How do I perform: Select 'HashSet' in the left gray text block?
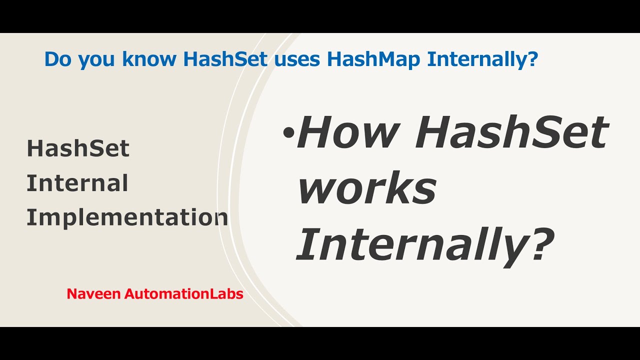pos(78,149)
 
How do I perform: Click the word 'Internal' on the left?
pos(77,183)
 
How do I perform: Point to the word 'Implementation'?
pos(127,217)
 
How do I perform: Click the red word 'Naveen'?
pos(93,294)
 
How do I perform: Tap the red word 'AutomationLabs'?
pos(183,294)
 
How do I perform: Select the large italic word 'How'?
pos(348,132)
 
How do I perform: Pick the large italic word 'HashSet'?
pos(511,132)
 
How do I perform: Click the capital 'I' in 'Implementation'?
pos(30,217)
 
